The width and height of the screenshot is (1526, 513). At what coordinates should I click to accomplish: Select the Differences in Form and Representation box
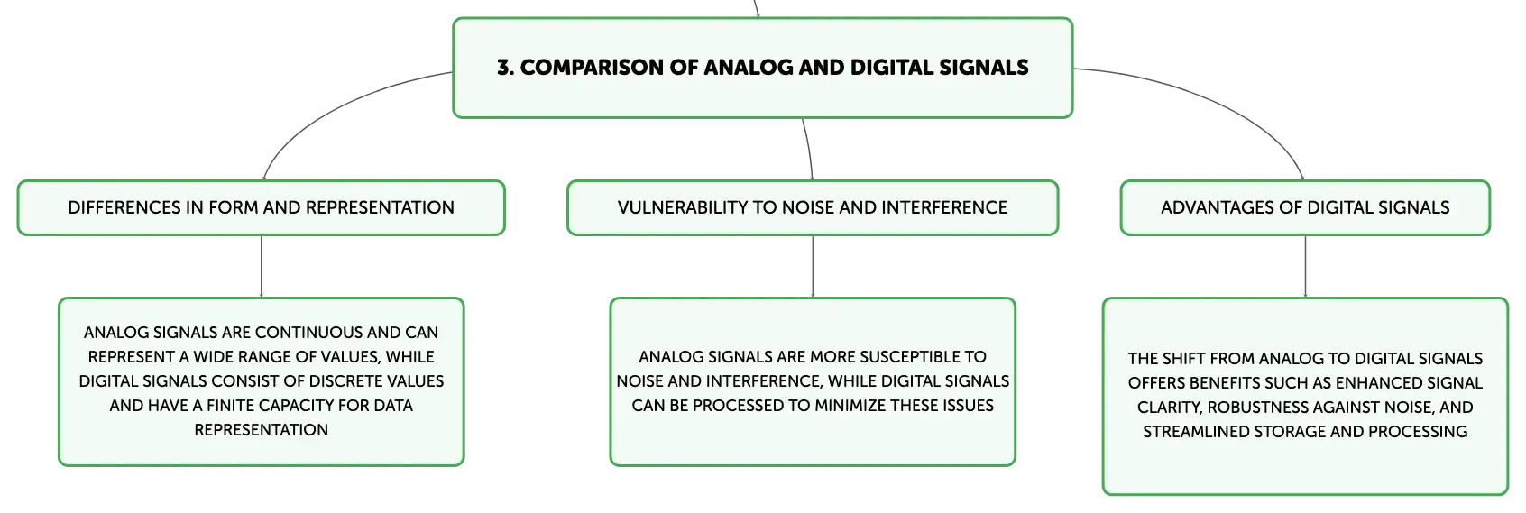coord(261,207)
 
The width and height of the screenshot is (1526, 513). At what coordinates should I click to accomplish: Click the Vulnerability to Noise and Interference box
coord(813,207)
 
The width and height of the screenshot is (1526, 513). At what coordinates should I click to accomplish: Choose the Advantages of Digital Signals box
coord(1305,207)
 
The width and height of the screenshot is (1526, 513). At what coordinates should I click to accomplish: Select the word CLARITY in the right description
coord(1168,408)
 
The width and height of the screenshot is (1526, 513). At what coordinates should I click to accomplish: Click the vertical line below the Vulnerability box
coord(813,266)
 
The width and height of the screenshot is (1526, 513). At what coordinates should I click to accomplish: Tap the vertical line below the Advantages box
coord(1305,266)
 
